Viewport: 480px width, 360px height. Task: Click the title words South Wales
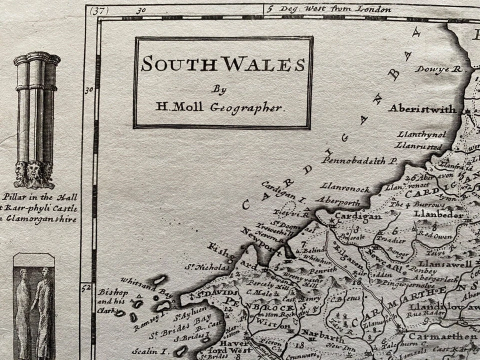click(222, 64)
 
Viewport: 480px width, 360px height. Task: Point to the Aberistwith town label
click(422, 108)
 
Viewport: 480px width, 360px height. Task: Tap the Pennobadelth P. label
click(359, 160)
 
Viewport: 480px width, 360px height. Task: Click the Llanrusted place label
click(418, 146)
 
